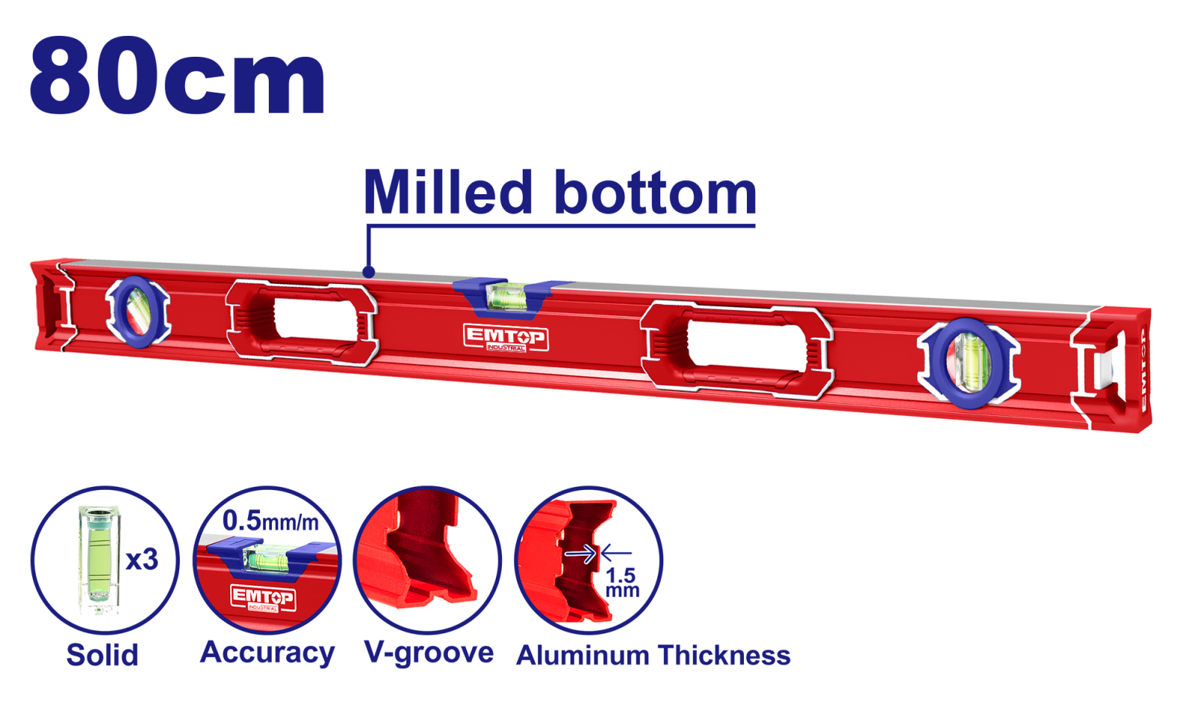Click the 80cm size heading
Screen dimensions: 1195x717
point(177,75)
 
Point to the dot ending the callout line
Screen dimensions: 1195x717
point(368,272)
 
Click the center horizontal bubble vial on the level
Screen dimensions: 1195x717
point(506,296)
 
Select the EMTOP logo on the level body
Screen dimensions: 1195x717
point(505,338)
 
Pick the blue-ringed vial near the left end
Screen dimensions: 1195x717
point(138,312)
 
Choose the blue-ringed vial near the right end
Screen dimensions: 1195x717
point(969,363)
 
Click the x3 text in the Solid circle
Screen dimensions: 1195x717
point(142,559)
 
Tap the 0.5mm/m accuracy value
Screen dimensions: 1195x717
point(270,521)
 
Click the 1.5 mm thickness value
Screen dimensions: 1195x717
point(622,582)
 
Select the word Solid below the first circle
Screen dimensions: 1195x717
point(102,654)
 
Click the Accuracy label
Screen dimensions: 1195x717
point(267,653)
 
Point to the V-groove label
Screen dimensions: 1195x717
point(429,653)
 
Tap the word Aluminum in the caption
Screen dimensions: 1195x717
point(583,655)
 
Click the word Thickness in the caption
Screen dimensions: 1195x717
point(724,655)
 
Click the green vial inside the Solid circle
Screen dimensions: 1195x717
point(100,559)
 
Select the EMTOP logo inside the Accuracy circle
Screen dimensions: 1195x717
point(263,597)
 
